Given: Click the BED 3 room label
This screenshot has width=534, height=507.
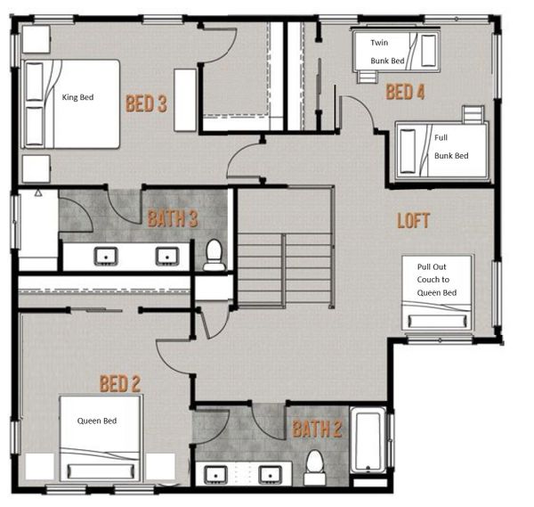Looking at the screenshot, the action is (x=147, y=103).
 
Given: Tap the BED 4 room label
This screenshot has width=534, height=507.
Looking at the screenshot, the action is (x=405, y=92).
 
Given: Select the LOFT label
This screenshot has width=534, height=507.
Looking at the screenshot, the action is (x=414, y=220).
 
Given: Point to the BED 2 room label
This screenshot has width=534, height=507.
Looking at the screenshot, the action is (x=120, y=383).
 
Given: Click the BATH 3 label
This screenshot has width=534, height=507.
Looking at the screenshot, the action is (x=173, y=218).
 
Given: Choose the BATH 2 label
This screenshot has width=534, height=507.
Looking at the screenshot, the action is (x=317, y=429).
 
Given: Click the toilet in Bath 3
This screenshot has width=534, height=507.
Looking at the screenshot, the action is (x=214, y=255).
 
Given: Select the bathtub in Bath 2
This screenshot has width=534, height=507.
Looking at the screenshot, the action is (x=368, y=439).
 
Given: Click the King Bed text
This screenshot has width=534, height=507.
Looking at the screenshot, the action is (x=77, y=97).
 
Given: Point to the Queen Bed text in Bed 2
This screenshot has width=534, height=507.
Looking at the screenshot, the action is (x=97, y=421).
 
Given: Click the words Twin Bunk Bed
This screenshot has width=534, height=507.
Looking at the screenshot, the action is (x=387, y=52).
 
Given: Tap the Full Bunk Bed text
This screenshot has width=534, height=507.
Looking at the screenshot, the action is (x=451, y=147).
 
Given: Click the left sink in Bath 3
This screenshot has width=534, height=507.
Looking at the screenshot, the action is (x=106, y=257).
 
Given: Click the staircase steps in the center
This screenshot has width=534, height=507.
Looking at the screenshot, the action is (x=285, y=270).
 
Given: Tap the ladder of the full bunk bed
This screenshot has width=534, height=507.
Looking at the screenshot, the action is (x=473, y=114).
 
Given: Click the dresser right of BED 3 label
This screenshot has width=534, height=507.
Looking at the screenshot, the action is (x=185, y=100).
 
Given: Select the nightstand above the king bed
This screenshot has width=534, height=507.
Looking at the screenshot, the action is (x=36, y=39).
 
